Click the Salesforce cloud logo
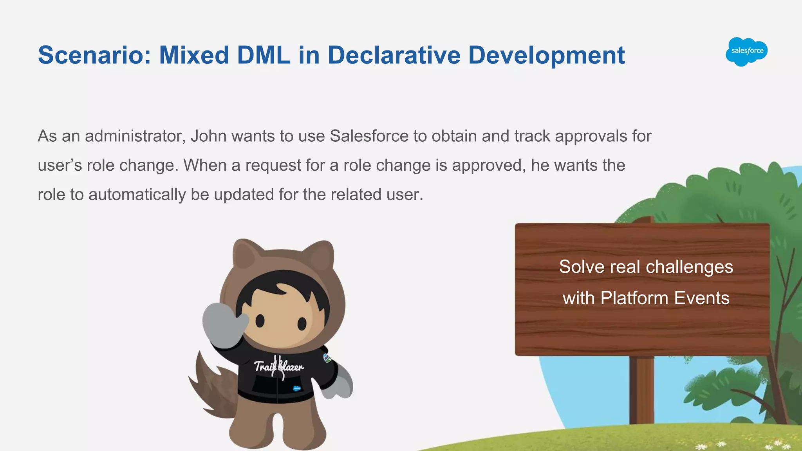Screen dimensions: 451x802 point(746,52)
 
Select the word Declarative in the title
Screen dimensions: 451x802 point(394,55)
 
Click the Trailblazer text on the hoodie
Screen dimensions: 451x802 point(278,367)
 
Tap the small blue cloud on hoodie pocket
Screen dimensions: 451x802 point(297,388)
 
